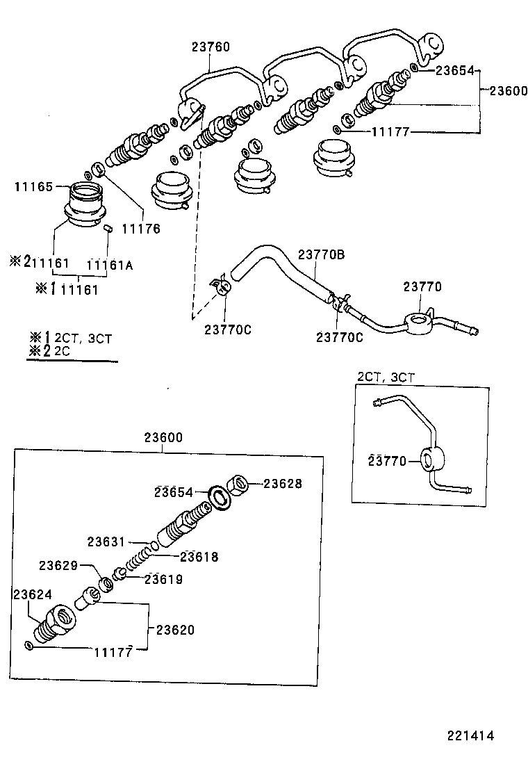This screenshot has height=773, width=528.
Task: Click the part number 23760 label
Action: [x=211, y=47]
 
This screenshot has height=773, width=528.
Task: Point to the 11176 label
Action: [x=141, y=228]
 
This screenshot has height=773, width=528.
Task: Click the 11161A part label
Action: [x=109, y=264]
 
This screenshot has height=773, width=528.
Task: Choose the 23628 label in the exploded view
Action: [x=283, y=484]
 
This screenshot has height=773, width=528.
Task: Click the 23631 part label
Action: [x=106, y=542]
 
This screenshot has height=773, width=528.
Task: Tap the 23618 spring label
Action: [x=199, y=556]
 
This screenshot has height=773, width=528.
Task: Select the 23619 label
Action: [x=164, y=578]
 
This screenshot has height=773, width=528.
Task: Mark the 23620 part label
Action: [x=174, y=630]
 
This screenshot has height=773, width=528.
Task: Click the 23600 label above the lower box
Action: [x=163, y=438]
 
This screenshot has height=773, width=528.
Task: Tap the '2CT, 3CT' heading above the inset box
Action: [x=386, y=377]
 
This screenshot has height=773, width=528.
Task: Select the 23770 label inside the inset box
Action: [x=387, y=460]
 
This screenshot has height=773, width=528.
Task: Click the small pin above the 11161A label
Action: [x=108, y=227]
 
